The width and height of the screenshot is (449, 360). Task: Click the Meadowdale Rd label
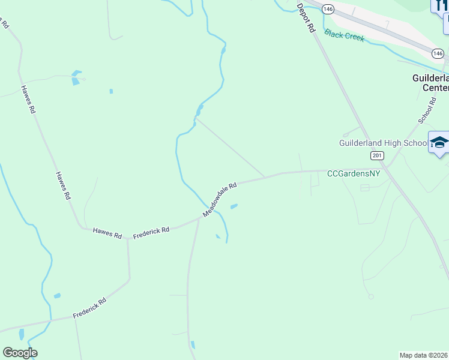pos(220,199)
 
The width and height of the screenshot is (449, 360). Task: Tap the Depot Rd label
pos(306,17)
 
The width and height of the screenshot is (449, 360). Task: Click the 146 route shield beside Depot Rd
pos(328,9)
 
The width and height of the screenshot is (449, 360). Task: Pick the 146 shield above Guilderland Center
pos(438,54)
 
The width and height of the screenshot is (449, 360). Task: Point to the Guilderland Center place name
pos(430,83)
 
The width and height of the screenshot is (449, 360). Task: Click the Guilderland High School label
pos(382,143)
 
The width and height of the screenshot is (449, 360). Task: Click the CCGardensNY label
pos(354,173)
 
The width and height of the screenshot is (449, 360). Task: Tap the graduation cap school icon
pos(439,143)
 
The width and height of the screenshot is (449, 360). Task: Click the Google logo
pos(20,353)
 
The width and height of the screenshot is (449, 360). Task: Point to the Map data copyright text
pos(424,355)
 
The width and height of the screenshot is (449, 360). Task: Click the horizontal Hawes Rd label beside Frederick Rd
pos(107,233)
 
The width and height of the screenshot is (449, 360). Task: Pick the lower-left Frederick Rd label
pos(89,308)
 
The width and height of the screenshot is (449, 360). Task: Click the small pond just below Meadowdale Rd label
pos(234,207)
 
